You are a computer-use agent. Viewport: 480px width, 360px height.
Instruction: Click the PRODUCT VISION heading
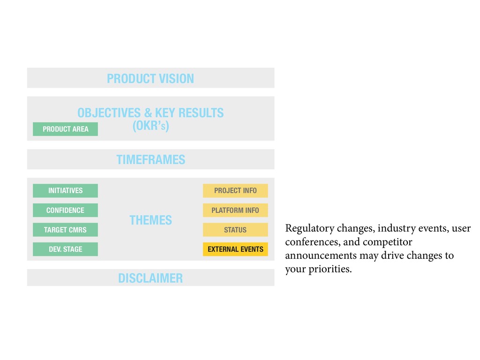150,78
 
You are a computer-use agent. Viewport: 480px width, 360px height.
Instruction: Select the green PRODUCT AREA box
65,129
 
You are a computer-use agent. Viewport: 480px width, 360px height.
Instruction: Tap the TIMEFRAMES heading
150,160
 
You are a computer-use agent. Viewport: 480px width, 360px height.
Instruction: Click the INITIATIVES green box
65,191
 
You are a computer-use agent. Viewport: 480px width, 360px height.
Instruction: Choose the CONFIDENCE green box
65,210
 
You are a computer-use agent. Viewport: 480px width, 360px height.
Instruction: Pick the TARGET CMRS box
65,230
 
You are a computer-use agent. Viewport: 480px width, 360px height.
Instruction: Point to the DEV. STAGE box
65,249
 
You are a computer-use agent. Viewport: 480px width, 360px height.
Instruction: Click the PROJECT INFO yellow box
235,191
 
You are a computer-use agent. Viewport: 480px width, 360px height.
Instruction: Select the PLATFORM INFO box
235,210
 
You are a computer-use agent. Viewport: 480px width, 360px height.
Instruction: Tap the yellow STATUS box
235,230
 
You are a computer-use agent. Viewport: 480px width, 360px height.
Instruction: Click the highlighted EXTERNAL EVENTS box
235,249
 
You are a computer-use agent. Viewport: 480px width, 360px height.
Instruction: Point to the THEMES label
150,220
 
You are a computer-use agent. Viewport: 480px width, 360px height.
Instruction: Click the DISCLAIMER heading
150,278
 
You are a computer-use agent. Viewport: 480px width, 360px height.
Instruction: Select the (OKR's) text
150,126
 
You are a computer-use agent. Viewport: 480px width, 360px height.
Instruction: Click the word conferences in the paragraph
308,242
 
